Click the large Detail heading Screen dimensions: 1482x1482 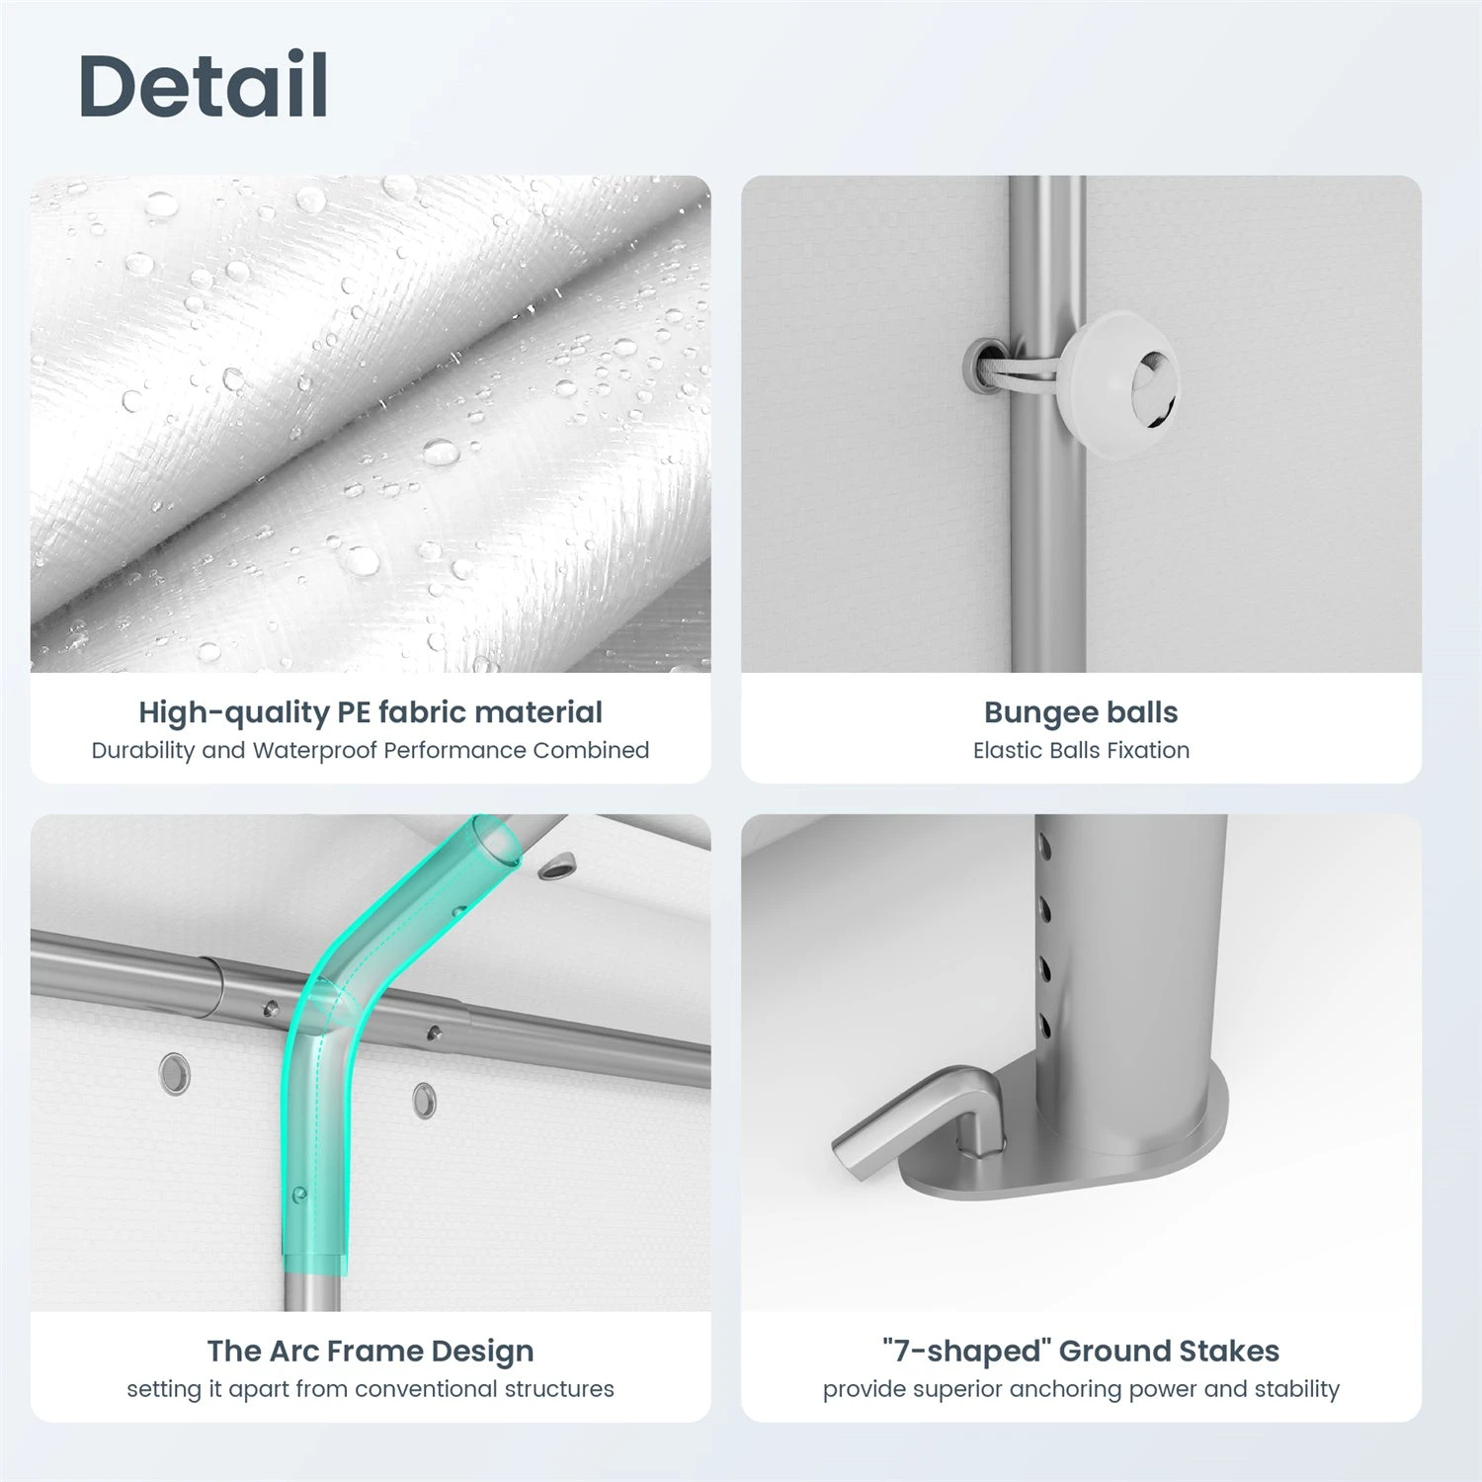[204, 85]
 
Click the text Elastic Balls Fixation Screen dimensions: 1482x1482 [1081, 750]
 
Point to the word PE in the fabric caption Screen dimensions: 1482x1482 [355, 711]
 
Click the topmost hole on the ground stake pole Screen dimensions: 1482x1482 [1043, 848]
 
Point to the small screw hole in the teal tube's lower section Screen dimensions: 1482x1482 [299, 1194]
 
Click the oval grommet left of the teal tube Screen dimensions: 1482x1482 [174, 1073]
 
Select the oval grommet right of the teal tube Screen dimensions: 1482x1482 [424, 1099]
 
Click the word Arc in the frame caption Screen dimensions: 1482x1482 [294, 1351]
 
